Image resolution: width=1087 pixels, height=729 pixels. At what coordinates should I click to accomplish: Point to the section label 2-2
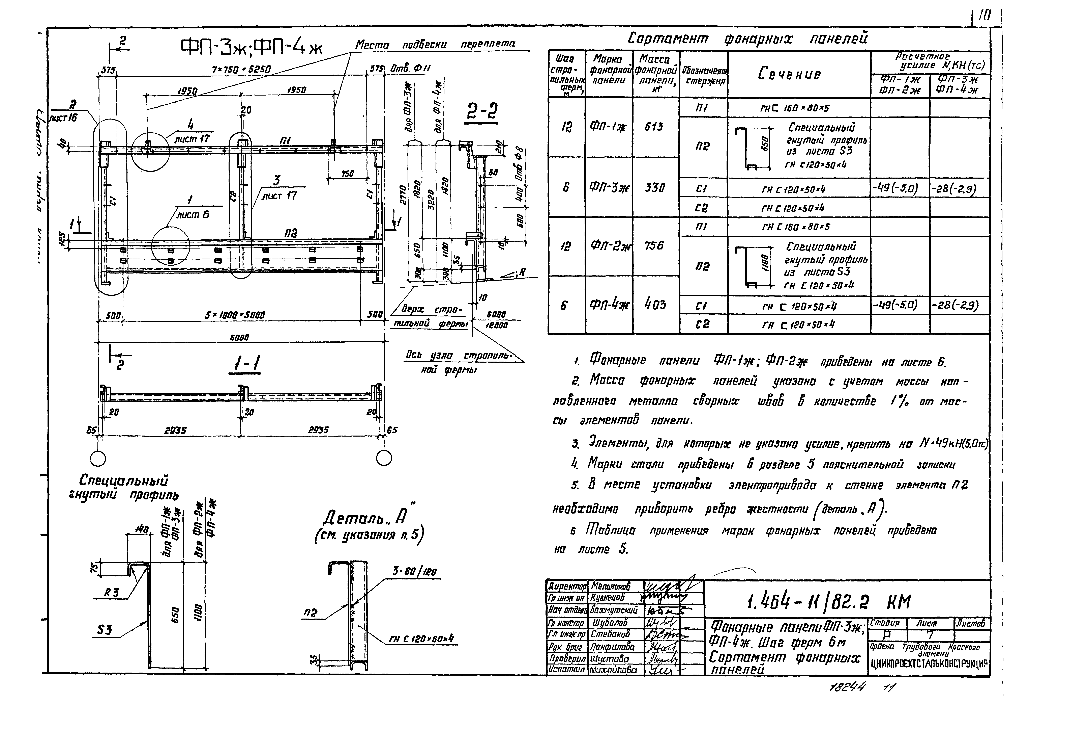[x=482, y=112]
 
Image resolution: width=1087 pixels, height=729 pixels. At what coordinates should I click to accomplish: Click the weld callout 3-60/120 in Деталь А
[x=414, y=571]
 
